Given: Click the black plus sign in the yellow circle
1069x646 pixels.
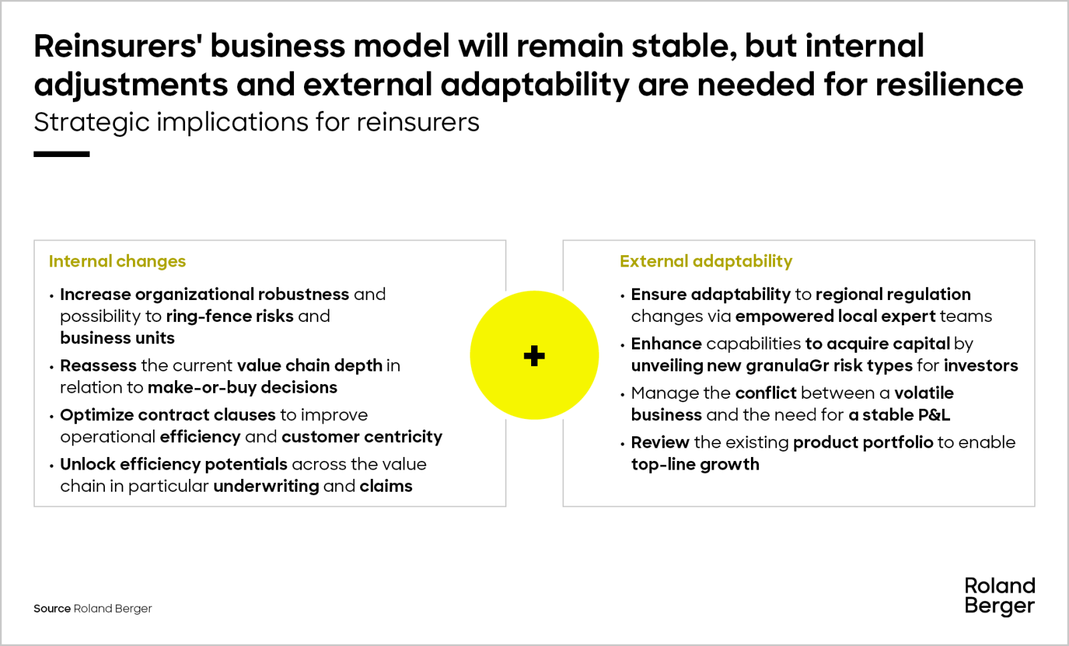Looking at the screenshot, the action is tap(534, 355).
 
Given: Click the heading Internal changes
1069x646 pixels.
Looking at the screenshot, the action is tap(118, 261).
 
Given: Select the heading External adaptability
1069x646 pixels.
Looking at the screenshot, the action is tap(706, 261).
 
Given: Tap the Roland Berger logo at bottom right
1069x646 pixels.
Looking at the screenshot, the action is tap(1000, 597).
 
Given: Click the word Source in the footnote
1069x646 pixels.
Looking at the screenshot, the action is tap(52, 609).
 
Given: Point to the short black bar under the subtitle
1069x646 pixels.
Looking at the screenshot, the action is tap(61, 154).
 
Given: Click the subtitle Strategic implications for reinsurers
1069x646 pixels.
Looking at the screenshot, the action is tap(257, 123).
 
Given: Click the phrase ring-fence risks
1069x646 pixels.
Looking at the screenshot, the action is tap(230, 317).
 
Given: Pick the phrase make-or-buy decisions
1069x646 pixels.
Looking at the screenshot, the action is tap(243, 387).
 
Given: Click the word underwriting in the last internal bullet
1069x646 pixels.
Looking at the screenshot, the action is tap(267, 486).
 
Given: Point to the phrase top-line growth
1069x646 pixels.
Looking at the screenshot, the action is tap(695, 464).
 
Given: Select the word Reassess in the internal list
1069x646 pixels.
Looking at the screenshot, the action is tap(98, 365).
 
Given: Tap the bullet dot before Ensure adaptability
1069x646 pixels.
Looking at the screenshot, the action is tap(622, 297).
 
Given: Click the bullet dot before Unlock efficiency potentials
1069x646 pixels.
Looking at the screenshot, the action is tap(51, 466).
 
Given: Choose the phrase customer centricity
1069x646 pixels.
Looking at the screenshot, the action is tap(361, 437).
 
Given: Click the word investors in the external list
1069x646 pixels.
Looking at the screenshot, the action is tap(981, 366).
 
